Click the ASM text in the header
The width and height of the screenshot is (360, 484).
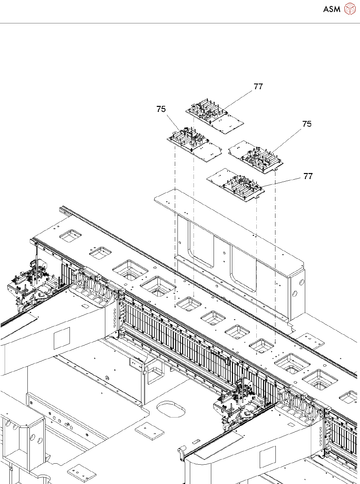332,9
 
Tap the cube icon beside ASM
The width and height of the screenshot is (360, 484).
350,9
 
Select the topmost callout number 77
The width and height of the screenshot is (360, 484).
258,87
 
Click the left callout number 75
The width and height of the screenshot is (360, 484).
161,109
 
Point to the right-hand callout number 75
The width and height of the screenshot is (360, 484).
307,124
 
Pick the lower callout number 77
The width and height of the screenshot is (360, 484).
308,176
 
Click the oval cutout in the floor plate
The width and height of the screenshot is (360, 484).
170,409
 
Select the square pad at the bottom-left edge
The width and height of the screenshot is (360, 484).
82,472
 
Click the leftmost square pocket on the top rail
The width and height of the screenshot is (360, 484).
70,236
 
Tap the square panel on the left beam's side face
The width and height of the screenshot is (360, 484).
62,338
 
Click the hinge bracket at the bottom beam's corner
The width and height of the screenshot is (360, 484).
182,454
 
